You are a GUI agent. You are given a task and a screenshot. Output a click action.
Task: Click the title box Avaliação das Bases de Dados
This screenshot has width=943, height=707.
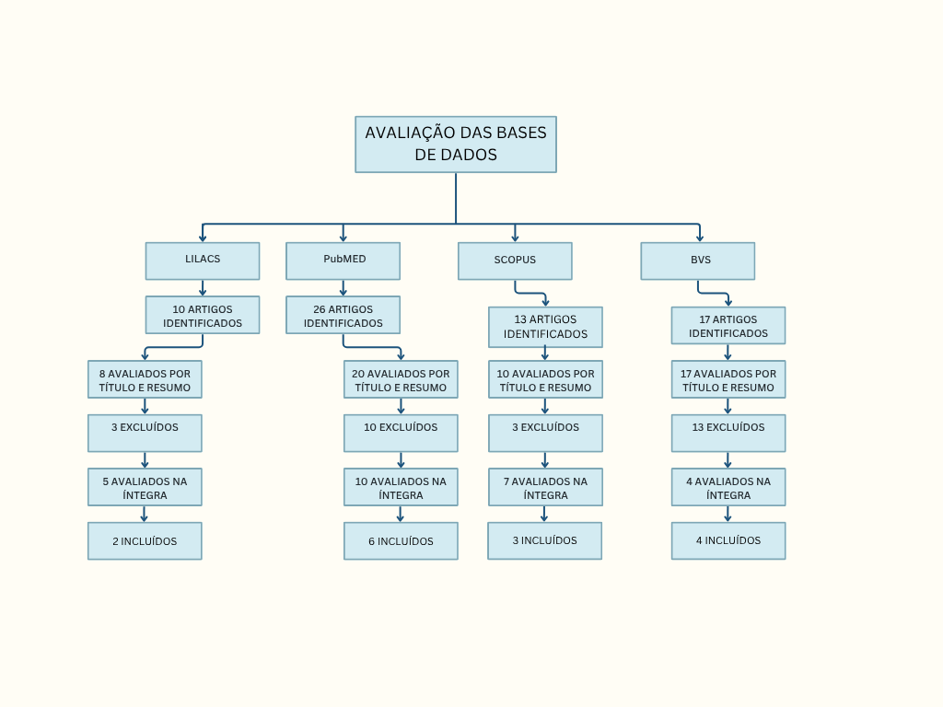pyautogui.click(x=456, y=144)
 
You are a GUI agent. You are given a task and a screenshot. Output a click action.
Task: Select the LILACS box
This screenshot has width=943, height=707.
pyautogui.click(x=203, y=261)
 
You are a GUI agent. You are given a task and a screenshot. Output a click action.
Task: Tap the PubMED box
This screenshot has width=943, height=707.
pyautogui.click(x=343, y=261)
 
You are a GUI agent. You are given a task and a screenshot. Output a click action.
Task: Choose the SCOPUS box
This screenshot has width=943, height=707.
pyautogui.click(x=515, y=261)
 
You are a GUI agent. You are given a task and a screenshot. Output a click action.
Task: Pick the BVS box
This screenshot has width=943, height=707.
pyautogui.click(x=698, y=261)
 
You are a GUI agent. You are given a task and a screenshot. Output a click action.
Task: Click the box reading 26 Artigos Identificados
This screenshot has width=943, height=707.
pyautogui.click(x=343, y=315)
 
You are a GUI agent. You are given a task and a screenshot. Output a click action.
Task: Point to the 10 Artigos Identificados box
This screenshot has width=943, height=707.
pyautogui.click(x=203, y=315)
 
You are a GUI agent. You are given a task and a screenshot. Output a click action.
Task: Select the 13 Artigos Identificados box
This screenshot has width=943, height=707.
pyautogui.click(x=545, y=327)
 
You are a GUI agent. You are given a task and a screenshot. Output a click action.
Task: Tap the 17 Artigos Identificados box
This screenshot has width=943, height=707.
pyautogui.click(x=728, y=325)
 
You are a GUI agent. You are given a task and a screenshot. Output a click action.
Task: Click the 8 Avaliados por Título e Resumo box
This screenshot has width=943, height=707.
pyautogui.click(x=145, y=379)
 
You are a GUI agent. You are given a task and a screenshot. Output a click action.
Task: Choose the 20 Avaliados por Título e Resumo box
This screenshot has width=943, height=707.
pyautogui.click(x=401, y=379)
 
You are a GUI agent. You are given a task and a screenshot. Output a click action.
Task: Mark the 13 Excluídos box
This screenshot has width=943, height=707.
pyautogui.click(x=728, y=433)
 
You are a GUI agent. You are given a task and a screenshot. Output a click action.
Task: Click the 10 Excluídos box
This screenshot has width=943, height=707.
pyautogui.click(x=401, y=433)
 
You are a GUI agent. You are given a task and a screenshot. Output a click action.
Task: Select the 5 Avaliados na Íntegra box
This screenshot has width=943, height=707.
pyautogui.click(x=145, y=487)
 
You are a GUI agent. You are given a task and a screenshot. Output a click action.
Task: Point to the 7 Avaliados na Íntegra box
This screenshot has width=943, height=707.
pyautogui.click(x=545, y=487)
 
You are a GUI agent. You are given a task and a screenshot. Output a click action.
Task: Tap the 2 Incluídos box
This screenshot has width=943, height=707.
pyautogui.click(x=145, y=541)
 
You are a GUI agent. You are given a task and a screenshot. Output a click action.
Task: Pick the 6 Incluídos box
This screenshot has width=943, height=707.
pyautogui.click(x=401, y=541)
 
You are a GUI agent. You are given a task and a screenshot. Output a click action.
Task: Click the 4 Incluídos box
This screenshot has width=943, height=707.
pyautogui.click(x=728, y=541)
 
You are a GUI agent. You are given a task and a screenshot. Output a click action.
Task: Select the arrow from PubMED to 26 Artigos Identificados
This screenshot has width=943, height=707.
pyautogui.click(x=343, y=287)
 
